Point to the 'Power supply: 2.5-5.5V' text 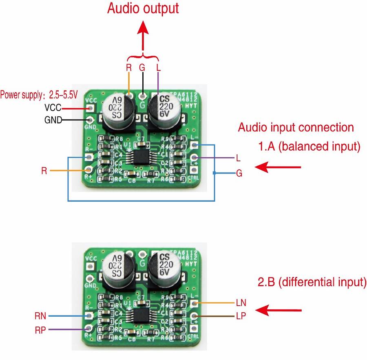tap(38, 95)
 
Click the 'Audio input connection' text tap(296, 127)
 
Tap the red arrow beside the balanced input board tap(277, 167)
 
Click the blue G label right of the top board tap(239, 173)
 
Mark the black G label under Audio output tap(142, 68)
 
